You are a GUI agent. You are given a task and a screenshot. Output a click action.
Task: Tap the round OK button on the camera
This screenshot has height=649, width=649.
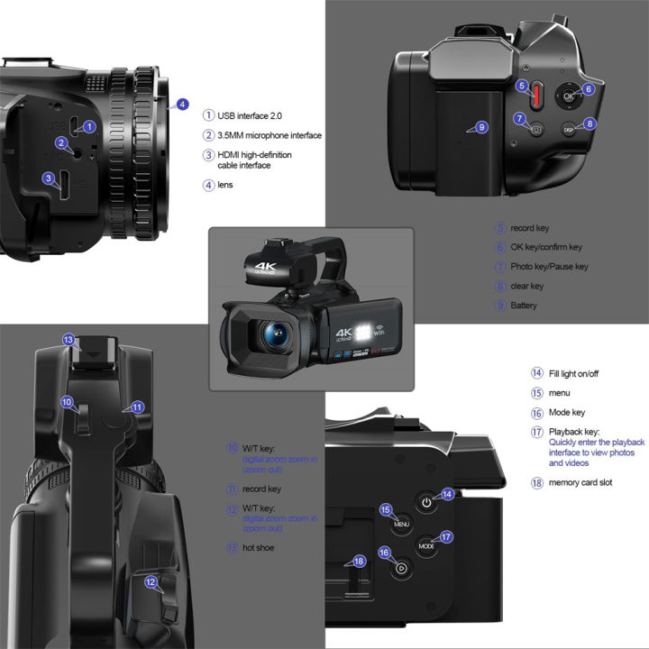pos(568,96)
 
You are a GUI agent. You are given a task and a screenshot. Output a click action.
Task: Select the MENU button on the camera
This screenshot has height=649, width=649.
pos(402,525)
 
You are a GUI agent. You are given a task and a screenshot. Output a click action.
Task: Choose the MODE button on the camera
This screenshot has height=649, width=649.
pos(427,546)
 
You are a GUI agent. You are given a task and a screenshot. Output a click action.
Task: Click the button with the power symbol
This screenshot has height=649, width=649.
pos(426,502)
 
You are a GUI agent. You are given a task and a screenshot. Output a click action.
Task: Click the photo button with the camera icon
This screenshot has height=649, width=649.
pos(536,130)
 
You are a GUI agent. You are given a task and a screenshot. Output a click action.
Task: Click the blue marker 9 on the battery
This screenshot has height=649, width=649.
pos(481,127)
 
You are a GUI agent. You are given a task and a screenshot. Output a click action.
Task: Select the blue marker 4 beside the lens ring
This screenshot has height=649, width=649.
pos(183,105)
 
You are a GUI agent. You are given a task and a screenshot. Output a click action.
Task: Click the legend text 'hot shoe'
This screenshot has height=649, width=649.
pos(259,547)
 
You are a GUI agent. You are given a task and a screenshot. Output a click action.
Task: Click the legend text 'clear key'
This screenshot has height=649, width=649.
pos(526,286)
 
